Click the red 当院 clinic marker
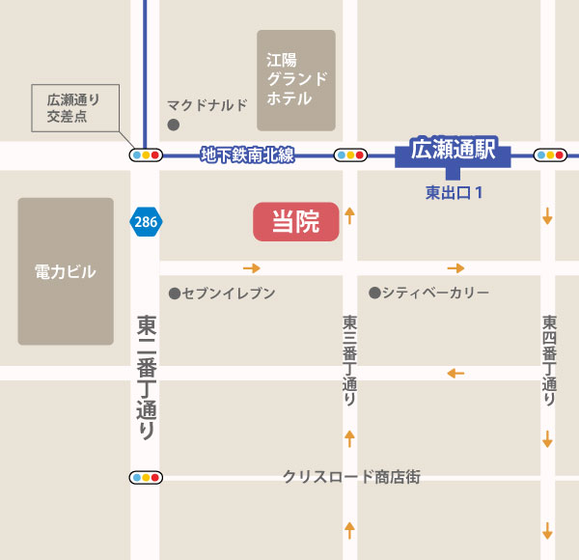pyautogui.click(x=295, y=222)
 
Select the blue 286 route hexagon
pyautogui.click(x=146, y=222)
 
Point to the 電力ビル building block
pyautogui.click(x=65, y=271)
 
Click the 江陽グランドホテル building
pyautogui.click(x=296, y=80)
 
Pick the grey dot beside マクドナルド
pyautogui.click(x=174, y=125)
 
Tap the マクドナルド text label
pyautogui.click(x=207, y=104)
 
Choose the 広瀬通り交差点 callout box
pyautogui.click(x=73, y=106)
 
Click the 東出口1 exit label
pyautogui.click(x=454, y=192)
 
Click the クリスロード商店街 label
pyautogui.click(x=351, y=476)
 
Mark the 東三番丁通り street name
pyautogui.click(x=349, y=359)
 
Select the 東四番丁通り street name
pyautogui.click(x=548, y=359)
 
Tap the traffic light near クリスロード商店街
pyautogui.click(x=147, y=477)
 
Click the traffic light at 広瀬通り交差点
pyautogui.click(x=147, y=154)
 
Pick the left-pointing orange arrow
pyautogui.click(x=455, y=373)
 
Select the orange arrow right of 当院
pyautogui.click(x=349, y=215)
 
